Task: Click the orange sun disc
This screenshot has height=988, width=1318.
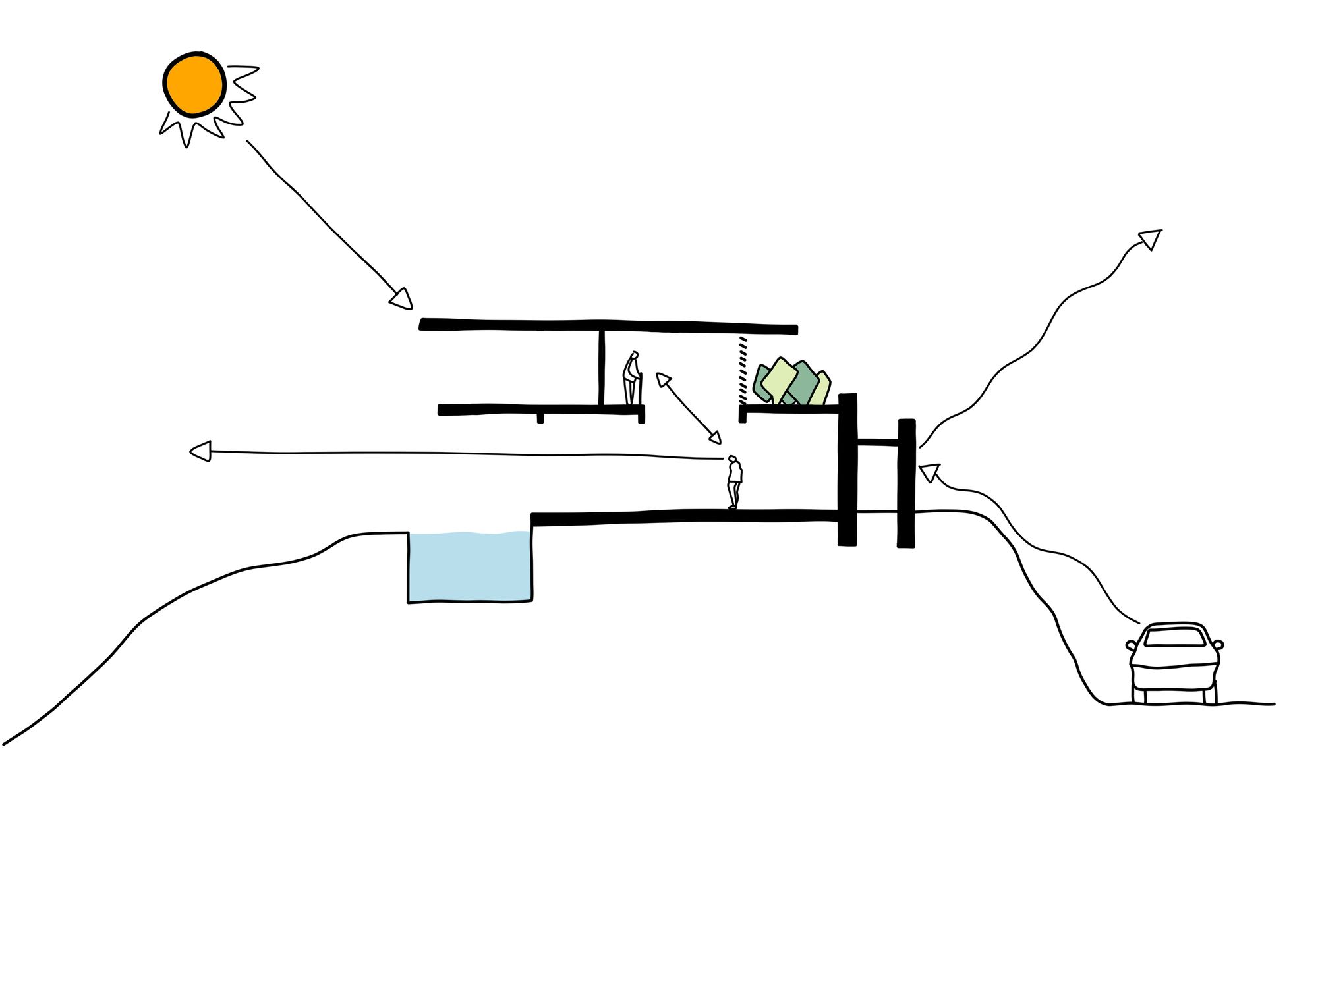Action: coord(194,84)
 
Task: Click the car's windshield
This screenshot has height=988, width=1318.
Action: coord(1176,636)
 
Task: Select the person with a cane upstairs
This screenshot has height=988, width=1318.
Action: coord(633,379)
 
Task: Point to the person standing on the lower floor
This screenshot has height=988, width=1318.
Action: coord(734,481)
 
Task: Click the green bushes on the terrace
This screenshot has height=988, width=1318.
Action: coord(790,383)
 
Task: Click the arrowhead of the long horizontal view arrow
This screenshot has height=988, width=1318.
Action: coord(200,451)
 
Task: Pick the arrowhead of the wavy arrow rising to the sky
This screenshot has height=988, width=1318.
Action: coord(1151,238)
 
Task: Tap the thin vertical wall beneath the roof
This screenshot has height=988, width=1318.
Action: coord(601,368)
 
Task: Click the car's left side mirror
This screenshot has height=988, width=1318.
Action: coord(1131,645)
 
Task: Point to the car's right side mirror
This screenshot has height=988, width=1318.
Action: coord(1218,644)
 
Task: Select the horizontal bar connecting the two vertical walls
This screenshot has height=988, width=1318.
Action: coord(877,443)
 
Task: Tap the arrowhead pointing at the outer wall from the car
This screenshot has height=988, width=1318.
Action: coord(929,472)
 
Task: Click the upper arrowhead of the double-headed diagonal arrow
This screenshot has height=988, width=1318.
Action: coord(663,380)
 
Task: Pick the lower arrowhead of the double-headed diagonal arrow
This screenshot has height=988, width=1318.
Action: coord(714,437)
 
